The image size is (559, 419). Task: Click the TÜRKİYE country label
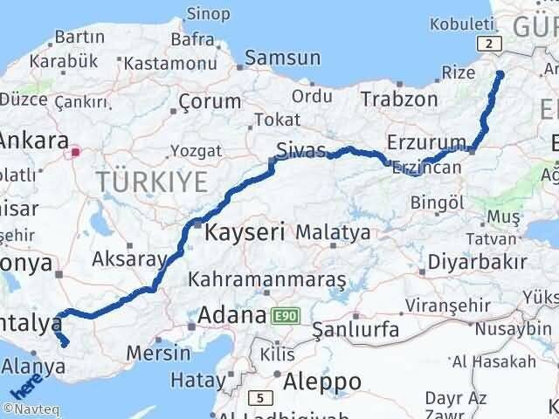[153, 182]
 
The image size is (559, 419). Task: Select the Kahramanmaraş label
[267, 279]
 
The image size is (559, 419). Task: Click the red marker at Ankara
[75, 152]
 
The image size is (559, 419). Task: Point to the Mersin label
[158, 354]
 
